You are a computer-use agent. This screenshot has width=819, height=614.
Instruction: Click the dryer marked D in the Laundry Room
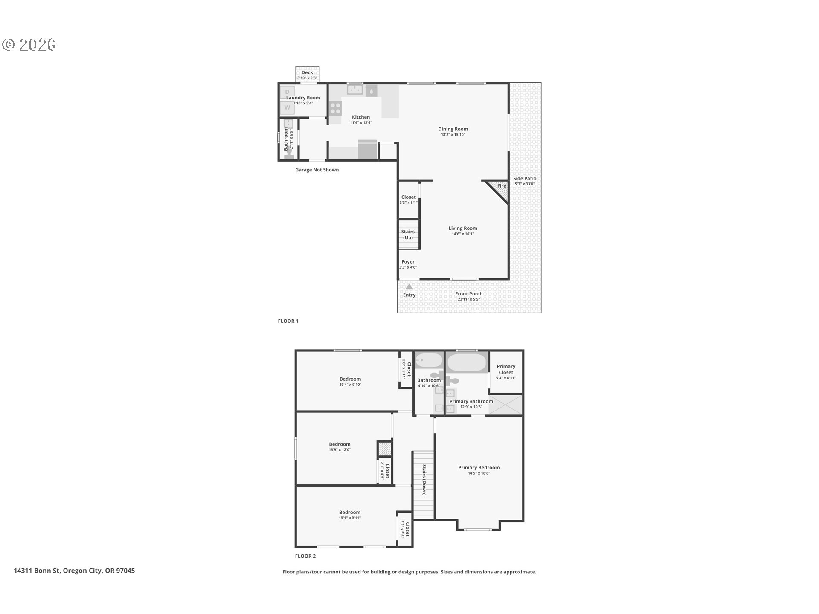coord(287,92)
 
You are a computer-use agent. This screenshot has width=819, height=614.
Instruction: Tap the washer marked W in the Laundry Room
coord(287,107)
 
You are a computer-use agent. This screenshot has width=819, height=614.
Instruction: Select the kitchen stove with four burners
coord(335,108)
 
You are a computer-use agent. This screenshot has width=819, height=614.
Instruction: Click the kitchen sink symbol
coord(354,90)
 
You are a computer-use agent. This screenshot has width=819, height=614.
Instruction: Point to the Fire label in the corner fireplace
coord(502,186)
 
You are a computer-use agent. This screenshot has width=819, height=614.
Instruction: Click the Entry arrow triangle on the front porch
coord(409,287)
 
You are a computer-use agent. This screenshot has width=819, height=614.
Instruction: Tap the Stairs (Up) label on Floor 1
coord(408,235)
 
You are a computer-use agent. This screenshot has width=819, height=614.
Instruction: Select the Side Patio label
coord(525,179)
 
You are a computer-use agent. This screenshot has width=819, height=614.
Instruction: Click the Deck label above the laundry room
coord(307,72)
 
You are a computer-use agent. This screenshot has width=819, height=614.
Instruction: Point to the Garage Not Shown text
coord(317,170)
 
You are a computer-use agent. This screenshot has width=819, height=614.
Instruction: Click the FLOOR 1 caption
coord(288,321)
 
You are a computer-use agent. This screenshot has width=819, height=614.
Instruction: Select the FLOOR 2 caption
coord(305,556)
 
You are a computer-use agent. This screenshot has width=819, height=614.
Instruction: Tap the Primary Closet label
coord(506,369)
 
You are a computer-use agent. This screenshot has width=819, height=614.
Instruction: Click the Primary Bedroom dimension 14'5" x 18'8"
coord(479,473)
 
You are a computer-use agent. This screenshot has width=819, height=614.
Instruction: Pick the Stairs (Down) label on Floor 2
coord(424,480)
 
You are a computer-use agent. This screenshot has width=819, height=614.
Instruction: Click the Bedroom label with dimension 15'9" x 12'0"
coord(340,444)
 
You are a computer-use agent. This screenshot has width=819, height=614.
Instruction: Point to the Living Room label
coord(463,228)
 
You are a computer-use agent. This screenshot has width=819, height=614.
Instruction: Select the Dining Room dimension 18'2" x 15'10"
coord(453,135)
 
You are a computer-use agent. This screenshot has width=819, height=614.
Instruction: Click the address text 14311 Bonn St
coord(74,571)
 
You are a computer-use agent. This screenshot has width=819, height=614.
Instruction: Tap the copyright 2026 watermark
coord(29,45)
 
